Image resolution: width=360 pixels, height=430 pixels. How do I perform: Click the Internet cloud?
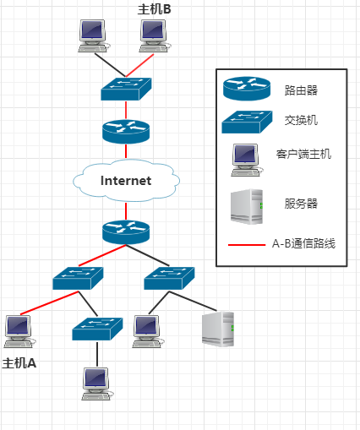(126, 179)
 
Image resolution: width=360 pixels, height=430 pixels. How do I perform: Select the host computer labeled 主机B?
(154, 35)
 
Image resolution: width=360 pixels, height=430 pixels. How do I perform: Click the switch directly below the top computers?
(126, 88)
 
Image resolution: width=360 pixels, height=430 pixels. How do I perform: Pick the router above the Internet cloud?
(126, 131)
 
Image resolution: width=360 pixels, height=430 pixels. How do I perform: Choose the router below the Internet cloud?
(126, 231)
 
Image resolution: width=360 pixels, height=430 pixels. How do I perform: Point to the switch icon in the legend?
(245, 122)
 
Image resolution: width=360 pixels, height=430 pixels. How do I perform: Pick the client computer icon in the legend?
(245, 158)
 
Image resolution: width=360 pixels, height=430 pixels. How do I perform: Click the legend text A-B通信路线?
(303, 244)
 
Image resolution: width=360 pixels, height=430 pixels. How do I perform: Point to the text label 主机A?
(19, 363)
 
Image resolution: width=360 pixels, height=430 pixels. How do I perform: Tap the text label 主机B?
(155, 8)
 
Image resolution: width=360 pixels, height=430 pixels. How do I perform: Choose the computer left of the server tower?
(147, 330)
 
